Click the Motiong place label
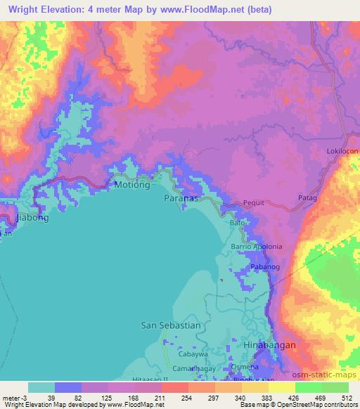[x=132, y=186]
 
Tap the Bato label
[x=239, y=223]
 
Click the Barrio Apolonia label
[x=257, y=247]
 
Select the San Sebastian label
[x=171, y=325]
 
